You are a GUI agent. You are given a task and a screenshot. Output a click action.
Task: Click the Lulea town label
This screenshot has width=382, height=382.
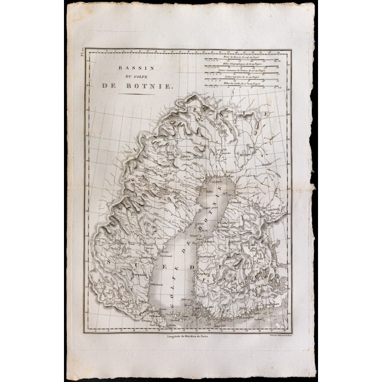pyautogui.click(x=201, y=179)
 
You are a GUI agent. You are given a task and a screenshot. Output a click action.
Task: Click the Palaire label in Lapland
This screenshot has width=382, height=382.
pyautogui.click(x=185, y=156)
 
